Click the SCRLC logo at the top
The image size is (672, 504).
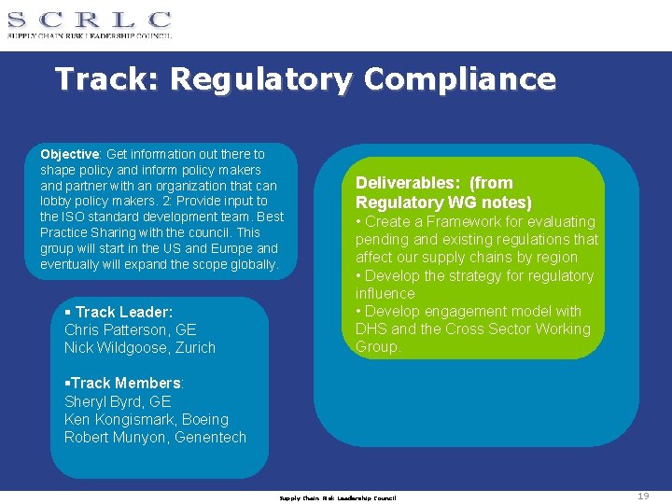point(90,23)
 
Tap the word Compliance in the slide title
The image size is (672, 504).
point(459,79)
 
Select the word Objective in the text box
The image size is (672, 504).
point(69,154)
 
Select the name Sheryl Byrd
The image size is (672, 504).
point(104,401)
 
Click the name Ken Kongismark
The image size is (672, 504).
point(117,419)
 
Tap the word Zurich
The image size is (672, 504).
point(194,348)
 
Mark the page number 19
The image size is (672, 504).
point(643,497)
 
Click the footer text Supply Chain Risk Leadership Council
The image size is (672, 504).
point(338,497)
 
